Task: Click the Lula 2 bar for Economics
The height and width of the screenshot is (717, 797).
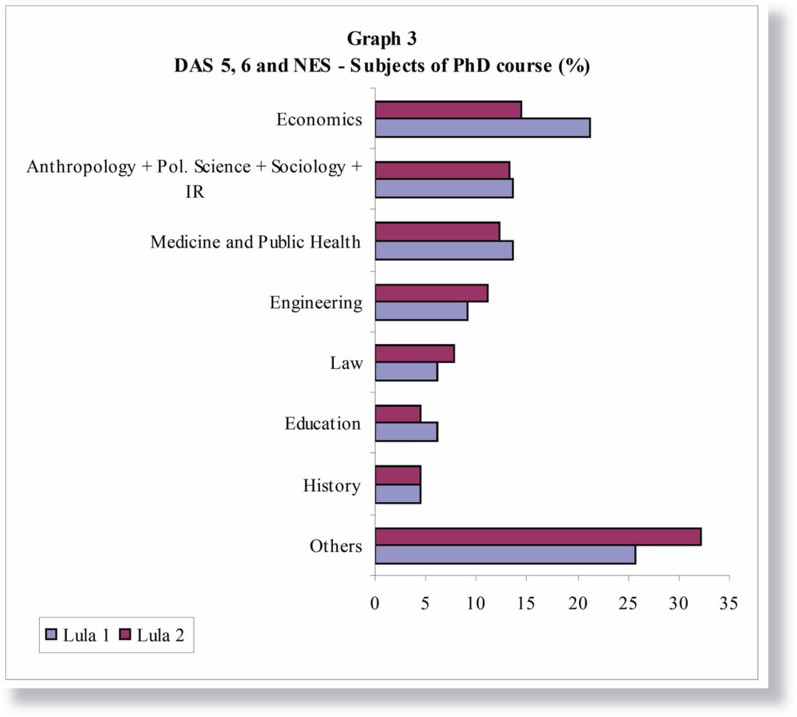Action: point(448,110)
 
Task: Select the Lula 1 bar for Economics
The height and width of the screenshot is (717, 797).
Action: point(482,128)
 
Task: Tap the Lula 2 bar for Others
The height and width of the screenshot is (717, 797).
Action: point(538,536)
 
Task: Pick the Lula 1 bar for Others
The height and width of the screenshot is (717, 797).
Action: point(505,554)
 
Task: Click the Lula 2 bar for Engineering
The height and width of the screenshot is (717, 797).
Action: point(431,293)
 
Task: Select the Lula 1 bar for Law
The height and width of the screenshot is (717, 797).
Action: point(406,372)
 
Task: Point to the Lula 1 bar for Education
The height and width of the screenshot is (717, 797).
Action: point(406,432)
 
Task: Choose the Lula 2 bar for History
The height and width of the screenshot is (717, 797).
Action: point(398,475)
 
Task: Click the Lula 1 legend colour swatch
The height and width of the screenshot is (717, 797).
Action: point(52,635)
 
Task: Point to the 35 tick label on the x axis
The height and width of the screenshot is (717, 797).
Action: point(729,603)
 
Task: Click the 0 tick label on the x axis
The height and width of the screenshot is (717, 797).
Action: point(375,603)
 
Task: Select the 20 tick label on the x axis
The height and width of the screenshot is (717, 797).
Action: point(578,603)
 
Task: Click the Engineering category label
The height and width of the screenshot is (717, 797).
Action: point(316,303)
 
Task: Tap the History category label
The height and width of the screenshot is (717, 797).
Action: point(332,487)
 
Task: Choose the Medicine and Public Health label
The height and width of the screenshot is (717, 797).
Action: point(255,242)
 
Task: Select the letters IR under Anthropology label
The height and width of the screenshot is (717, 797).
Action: point(195,192)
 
